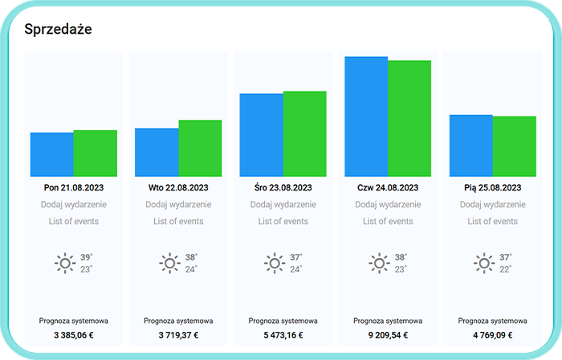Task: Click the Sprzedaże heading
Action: click(58, 30)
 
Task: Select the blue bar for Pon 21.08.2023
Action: click(52, 154)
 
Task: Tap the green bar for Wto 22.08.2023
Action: click(200, 149)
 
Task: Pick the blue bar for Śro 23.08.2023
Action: click(261, 135)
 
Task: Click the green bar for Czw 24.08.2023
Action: click(409, 118)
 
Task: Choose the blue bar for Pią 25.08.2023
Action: click(470, 145)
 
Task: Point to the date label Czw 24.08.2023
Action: click(388, 187)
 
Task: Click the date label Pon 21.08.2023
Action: click(74, 187)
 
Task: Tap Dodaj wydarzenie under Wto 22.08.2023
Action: click(178, 204)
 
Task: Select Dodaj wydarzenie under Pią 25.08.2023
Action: click(492, 204)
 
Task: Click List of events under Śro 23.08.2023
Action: click(283, 221)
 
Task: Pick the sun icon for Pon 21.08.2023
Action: click(64, 263)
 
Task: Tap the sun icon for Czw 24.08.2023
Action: click(378, 263)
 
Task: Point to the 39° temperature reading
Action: click(86, 257)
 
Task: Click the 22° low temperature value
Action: click(505, 269)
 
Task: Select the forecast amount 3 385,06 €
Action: click(74, 335)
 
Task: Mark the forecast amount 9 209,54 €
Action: click(388, 335)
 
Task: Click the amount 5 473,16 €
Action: click(283, 335)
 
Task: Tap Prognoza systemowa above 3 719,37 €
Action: click(178, 321)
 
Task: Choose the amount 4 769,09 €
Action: click(492, 335)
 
